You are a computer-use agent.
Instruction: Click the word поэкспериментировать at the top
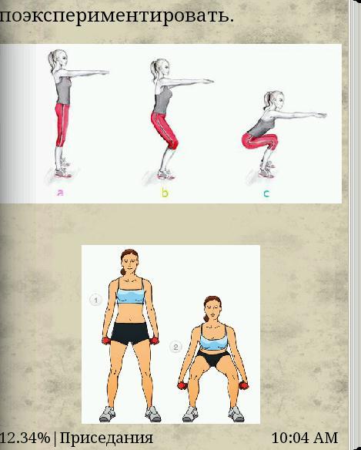[x=117, y=16]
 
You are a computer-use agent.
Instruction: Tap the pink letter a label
[x=60, y=193]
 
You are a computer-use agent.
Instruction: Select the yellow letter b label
[x=165, y=193]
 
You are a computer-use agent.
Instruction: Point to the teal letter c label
[x=266, y=193]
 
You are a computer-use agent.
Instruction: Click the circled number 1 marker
[x=95, y=300]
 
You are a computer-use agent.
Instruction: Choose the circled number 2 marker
[x=175, y=348]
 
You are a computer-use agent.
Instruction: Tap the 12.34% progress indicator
[x=25, y=438]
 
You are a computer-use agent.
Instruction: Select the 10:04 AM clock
[x=305, y=438]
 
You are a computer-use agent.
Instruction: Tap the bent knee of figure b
[x=173, y=143]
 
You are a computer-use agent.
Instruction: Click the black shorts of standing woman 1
[x=130, y=333]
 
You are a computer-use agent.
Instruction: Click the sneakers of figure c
[x=267, y=170]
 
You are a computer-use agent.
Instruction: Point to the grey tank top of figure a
[x=63, y=89]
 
